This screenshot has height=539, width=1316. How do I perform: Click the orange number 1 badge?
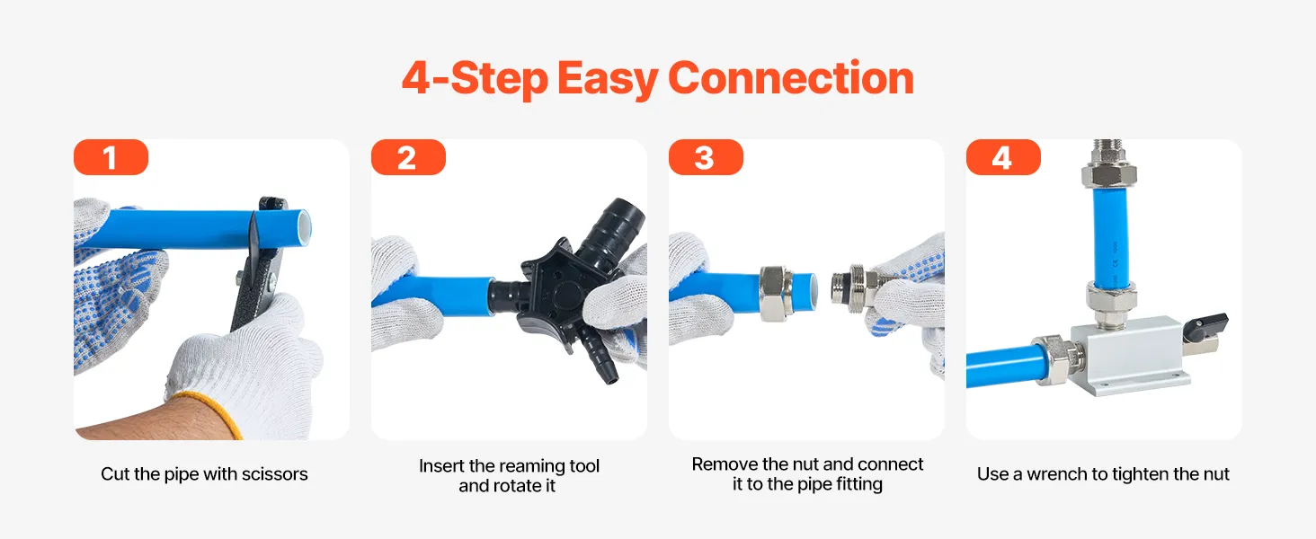pos(111,157)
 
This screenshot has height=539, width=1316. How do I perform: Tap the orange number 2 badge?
pos(408,157)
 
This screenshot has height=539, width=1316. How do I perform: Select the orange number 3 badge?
pos(706,157)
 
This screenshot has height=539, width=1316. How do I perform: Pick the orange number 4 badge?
pos(1003,157)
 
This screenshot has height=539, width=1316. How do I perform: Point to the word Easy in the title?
pos(608,79)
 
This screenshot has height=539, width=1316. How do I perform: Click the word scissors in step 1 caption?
pos(276,473)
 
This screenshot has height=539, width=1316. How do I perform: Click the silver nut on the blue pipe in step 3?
pos(775,293)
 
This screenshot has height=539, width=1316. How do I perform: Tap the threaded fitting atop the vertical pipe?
pos(1108,163)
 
